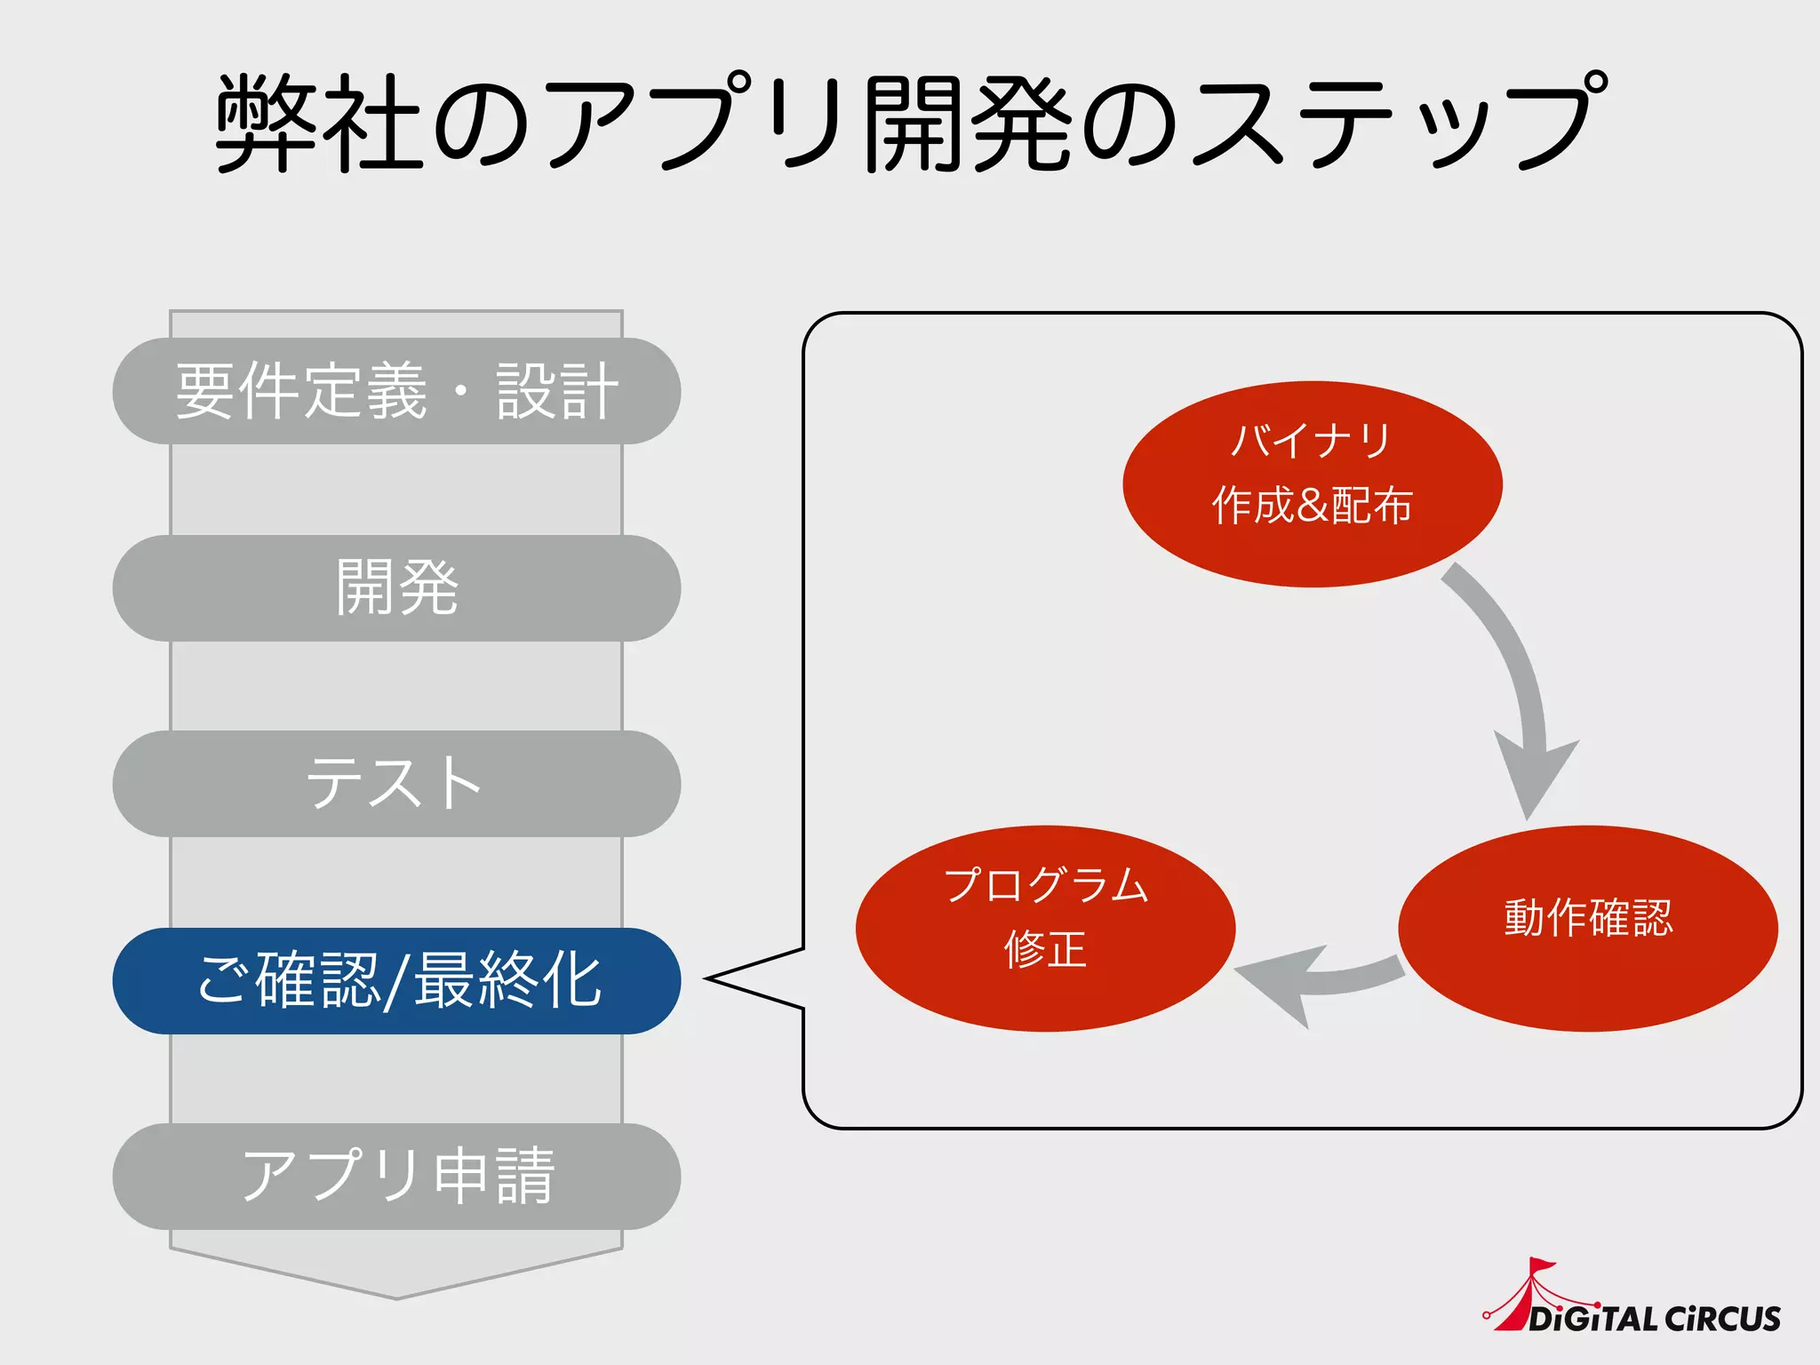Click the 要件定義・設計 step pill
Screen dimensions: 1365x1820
point(396,391)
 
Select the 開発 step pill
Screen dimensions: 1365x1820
point(396,587)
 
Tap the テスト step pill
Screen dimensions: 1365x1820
point(396,783)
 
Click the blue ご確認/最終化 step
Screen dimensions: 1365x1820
point(396,980)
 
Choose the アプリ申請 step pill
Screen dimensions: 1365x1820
point(396,1176)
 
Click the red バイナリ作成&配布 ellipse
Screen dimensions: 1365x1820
point(1312,483)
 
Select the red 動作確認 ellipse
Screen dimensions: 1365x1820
point(1587,928)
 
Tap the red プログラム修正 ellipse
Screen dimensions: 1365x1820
point(1045,928)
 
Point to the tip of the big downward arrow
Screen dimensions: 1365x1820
point(396,1296)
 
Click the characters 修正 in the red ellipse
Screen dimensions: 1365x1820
point(1045,950)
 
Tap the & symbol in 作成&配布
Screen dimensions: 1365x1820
point(1313,506)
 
